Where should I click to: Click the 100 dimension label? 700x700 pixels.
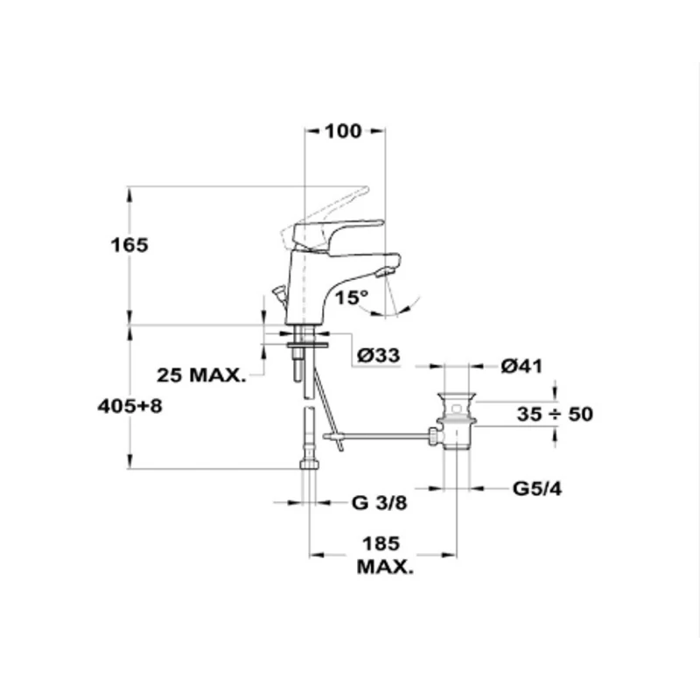(342, 130)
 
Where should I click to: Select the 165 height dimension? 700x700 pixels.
(129, 245)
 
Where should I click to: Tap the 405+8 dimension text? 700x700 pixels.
(129, 406)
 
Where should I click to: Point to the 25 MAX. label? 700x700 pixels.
(201, 375)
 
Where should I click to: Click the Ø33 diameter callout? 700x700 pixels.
(379, 355)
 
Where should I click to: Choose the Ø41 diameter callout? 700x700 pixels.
(521, 366)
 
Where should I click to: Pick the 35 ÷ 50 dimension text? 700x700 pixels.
(555, 414)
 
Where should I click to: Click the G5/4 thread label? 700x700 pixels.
(537, 489)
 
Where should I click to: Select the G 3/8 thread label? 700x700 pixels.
(380, 503)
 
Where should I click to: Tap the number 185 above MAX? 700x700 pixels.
(381, 543)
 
